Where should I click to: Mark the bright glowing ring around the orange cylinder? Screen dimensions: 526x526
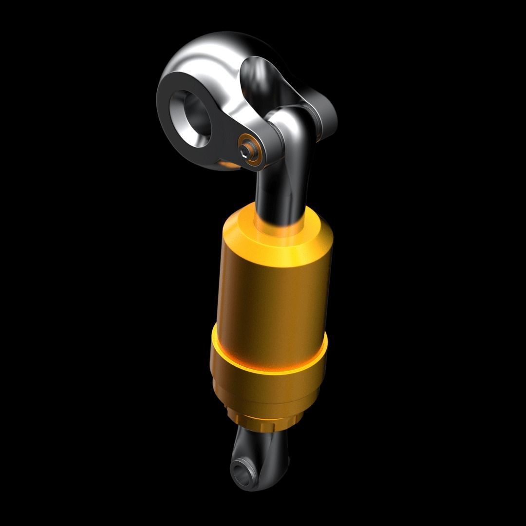(x=268, y=363)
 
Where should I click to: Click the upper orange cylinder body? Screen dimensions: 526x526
(x=273, y=292)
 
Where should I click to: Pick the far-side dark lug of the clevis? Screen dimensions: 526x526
(x=321, y=117)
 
